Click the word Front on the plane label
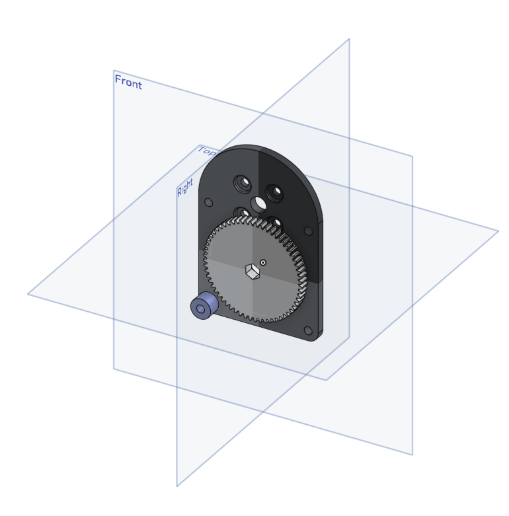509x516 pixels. point(128,82)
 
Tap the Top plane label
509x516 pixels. point(207,151)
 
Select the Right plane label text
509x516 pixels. point(185,188)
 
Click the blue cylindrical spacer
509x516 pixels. point(204,305)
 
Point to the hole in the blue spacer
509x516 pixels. point(200,309)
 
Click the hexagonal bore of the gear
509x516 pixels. point(253,272)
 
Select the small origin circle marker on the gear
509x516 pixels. point(263,262)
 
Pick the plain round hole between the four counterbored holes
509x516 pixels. point(258,204)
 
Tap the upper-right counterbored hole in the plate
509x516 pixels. point(274,192)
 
